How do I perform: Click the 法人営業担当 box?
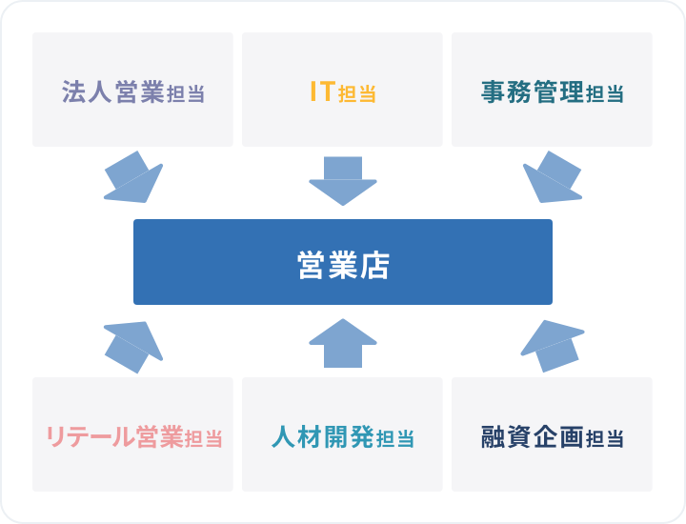click(132, 90)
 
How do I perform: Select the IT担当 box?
click(342, 90)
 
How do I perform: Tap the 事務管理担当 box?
click(552, 90)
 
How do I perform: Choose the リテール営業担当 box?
click(132, 434)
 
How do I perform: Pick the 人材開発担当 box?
click(342, 434)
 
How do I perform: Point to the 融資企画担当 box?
click(552, 434)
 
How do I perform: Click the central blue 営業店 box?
click(343, 262)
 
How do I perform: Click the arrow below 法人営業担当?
click(133, 177)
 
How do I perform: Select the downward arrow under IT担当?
click(343, 181)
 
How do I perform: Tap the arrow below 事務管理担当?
click(553, 177)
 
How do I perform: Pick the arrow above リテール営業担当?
click(133, 348)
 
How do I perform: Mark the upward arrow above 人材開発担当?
click(343, 343)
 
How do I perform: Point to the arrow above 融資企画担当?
click(553, 346)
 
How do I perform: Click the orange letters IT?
click(322, 91)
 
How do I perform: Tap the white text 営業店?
click(343, 265)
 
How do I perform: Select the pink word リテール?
click(90, 436)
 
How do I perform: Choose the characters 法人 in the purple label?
click(87, 91)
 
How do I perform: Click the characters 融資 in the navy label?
click(507, 436)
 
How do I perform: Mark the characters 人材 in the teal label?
click(296, 436)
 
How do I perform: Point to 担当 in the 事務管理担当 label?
click(605, 94)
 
